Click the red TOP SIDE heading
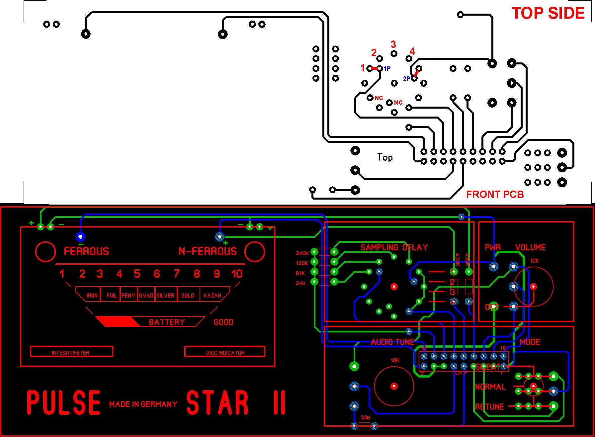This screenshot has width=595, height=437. pyautogui.click(x=548, y=13)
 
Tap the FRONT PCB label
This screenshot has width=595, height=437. pyautogui.click(x=495, y=195)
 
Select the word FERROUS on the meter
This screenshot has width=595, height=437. pyautogui.click(x=86, y=251)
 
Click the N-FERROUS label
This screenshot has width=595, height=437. pyautogui.click(x=208, y=251)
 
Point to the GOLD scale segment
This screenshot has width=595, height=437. pyautogui.click(x=188, y=295)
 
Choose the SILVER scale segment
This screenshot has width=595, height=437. pyautogui.click(x=165, y=295)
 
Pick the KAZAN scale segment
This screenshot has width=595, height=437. pyautogui.click(x=212, y=295)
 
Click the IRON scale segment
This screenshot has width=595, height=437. pyautogui.click(x=92, y=295)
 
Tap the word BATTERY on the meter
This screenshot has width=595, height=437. pyautogui.click(x=167, y=322)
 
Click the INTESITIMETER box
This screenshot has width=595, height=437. pyautogui.click(x=71, y=352)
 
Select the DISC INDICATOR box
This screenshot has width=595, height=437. pyautogui.click(x=225, y=352)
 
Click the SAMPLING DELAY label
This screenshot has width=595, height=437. pyautogui.click(x=394, y=247)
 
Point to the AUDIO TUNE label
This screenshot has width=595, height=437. pyautogui.click(x=392, y=342)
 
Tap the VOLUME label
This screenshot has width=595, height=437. pyautogui.click(x=530, y=247)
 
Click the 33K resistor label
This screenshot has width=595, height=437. pyautogui.click(x=365, y=417)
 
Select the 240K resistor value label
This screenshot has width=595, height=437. pyautogui.click(x=302, y=253)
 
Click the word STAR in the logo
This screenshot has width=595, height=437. pyautogui.click(x=217, y=402)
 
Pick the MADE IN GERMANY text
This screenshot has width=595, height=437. pyautogui.click(x=143, y=404)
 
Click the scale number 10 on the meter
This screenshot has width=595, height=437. pyautogui.click(x=237, y=274)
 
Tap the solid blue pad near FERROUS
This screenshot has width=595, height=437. pyautogui.click(x=80, y=236)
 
